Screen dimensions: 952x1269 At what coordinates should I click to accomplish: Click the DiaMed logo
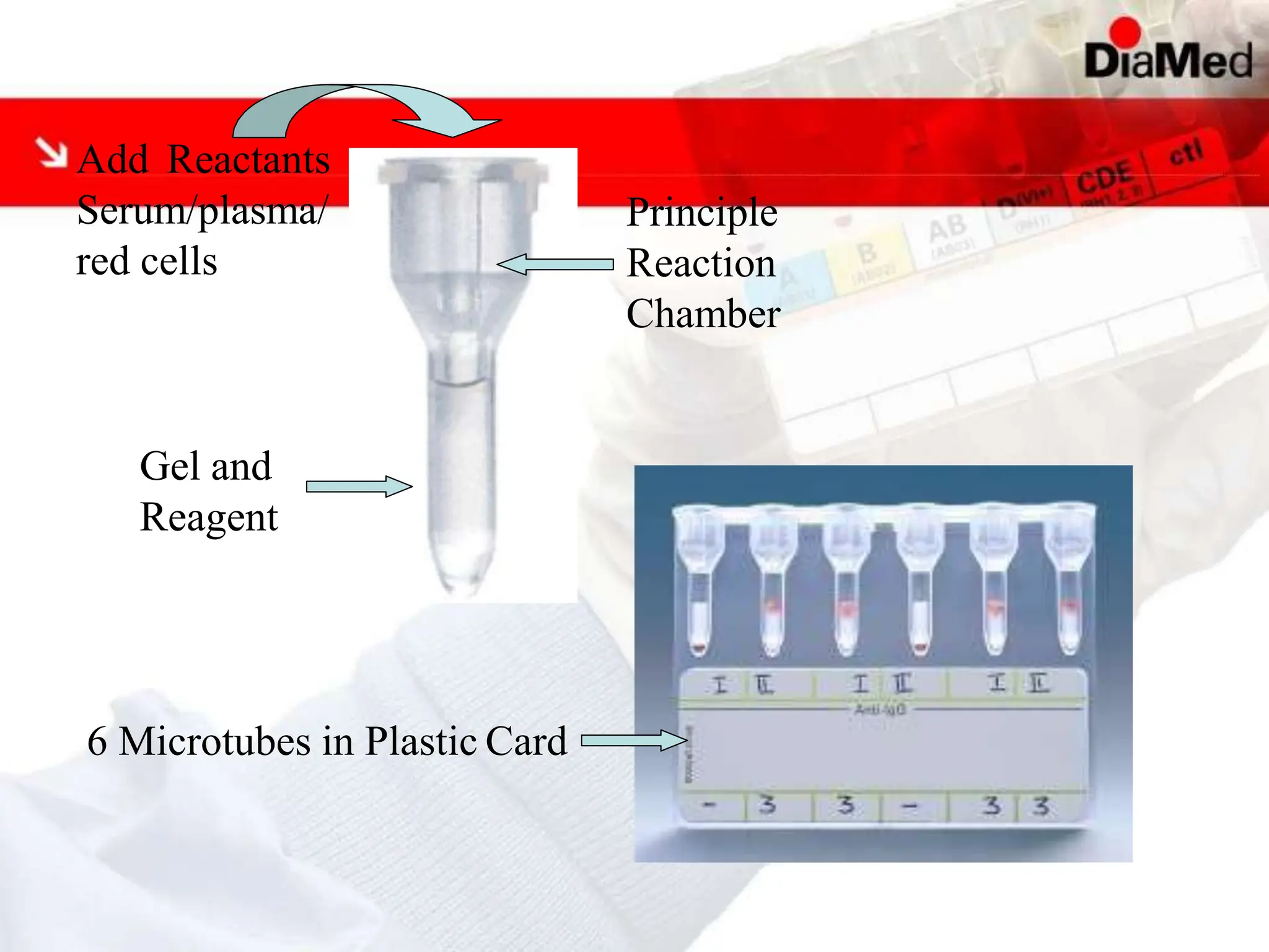(x=1167, y=60)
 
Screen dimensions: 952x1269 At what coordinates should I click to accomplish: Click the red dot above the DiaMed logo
(x=1125, y=32)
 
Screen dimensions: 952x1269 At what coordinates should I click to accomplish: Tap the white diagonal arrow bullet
(x=51, y=152)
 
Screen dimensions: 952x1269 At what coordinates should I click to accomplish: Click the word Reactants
(x=248, y=159)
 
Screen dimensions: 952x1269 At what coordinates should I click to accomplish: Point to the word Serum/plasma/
(x=201, y=211)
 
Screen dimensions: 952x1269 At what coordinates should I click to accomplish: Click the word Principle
(x=702, y=213)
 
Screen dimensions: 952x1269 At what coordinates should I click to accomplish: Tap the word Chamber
(x=703, y=314)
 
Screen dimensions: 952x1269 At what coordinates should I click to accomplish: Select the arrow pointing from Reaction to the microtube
(x=555, y=264)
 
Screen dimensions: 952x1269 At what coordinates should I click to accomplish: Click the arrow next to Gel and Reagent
(x=359, y=487)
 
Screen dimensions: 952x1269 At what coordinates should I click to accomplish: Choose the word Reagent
(x=209, y=517)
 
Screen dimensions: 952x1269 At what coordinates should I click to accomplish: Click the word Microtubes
(x=214, y=741)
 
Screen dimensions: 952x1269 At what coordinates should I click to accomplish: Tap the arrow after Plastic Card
(x=634, y=740)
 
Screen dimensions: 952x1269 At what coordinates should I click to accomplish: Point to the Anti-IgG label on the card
(x=880, y=708)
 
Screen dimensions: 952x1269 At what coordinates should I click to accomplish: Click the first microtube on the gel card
(x=699, y=583)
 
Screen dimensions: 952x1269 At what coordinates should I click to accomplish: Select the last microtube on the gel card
(x=1069, y=583)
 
